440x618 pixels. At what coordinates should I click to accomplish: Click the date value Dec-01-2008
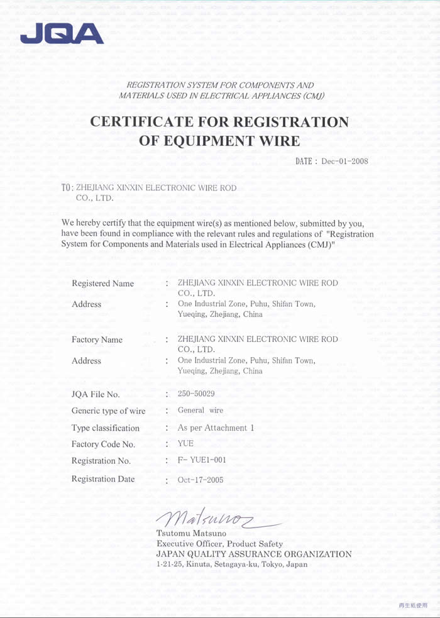click(x=344, y=162)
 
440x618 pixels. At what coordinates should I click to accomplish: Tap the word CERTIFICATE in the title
click(x=147, y=122)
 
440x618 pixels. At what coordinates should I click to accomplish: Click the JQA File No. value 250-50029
click(x=196, y=394)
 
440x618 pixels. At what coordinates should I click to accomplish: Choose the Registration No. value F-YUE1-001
click(x=202, y=460)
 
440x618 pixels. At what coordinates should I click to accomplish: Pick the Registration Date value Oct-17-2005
click(x=200, y=480)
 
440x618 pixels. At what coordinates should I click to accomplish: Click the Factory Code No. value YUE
click(x=186, y=444)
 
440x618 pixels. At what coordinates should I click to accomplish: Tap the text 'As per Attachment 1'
click(x=216, y=428)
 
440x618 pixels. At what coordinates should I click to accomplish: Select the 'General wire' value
click(x=201, y=411)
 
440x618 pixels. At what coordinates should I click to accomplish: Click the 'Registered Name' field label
click(x=102, y=284)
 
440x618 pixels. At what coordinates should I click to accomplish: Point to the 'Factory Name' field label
click(x=97, y=339)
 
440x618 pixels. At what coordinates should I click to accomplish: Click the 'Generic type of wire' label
click(x=108, y=411)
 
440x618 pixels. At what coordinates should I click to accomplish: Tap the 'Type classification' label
click(x=106, y=428)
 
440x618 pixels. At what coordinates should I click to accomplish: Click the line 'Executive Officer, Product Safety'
click(x=219, y=544)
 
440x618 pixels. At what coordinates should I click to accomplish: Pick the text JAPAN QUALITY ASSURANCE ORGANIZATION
click(x=253, y=554)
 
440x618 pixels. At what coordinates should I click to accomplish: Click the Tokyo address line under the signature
click(x=231, y=565)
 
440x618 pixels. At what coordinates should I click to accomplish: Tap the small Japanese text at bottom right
click(x=412, y=605)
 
